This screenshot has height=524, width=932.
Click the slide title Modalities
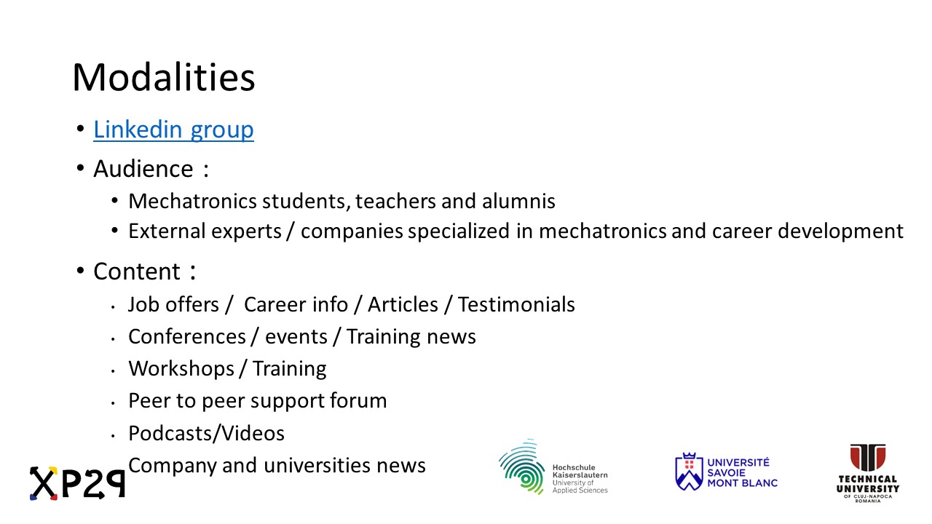[164, 78]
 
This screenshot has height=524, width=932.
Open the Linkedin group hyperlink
[173, 130]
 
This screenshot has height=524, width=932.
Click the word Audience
[143, 169]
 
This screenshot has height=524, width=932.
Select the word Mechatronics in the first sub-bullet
[193, 202]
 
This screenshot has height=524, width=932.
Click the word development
[840, 232]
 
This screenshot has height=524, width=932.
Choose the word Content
[137, 271]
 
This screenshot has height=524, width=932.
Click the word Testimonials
[516, 304]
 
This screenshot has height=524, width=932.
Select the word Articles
[403, 304]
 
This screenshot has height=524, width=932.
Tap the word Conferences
[187, 336]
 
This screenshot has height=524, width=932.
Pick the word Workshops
[181, 369]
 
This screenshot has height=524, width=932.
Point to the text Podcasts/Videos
[206, 433]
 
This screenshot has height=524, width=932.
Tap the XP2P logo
[77, 483]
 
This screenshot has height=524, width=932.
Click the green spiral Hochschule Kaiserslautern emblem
[523, 467]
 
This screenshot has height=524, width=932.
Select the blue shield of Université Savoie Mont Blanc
[689, 472]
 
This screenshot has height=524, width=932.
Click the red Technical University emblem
[867, 457]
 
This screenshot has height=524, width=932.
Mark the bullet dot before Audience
[80, 168]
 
